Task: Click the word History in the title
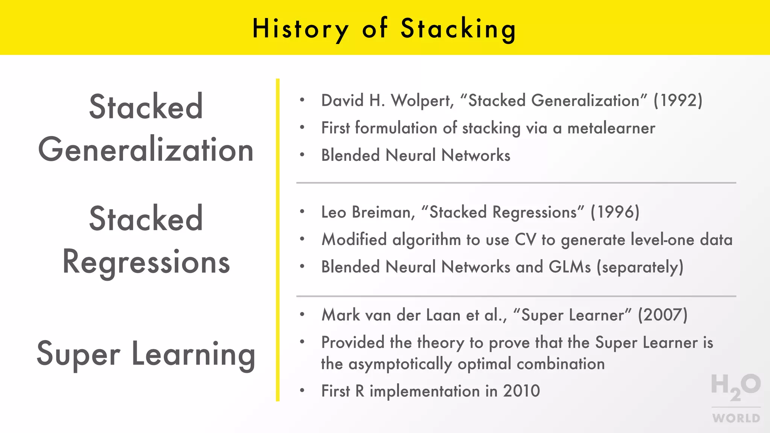click(x=300, y=29)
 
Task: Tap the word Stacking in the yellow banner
click(x=458, y=29)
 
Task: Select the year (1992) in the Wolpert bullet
click(x=678, y=101)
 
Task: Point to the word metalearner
click(x=611, y=128)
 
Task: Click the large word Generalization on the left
click(x=146, y=150)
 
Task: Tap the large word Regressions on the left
click(x=146, y=262)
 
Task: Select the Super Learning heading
click(x=146, y=354)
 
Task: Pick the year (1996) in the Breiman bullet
click(x=615, y=212)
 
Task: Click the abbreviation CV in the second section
click(x=525, y=240)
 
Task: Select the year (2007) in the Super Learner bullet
click(x=662, y=315)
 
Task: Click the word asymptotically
click(x=400, y=364)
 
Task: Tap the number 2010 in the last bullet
click(x=521, y=391)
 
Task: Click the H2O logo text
click(x=735, y=386)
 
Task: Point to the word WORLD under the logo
click(x=736, y=418)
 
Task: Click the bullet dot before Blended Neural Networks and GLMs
click(x=302, y=266)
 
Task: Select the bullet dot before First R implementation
click(x=302, y=391)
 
